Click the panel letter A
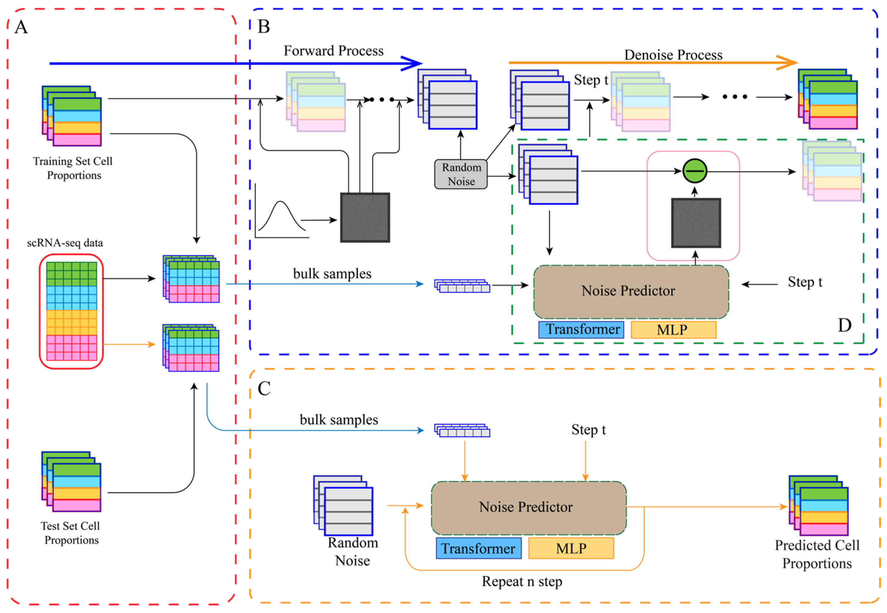click(21, 27)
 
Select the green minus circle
click(695, 171)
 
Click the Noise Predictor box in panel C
click(528, 507)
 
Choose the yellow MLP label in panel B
click(673, 329)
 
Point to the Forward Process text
click(334, 51)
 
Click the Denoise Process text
click(673, 55)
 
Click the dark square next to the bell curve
click(365, 217)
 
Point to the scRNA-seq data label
click(65, 243)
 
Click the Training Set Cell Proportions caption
click(73, 168)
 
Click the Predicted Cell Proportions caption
click(817, 554)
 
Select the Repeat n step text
click(522, 581)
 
